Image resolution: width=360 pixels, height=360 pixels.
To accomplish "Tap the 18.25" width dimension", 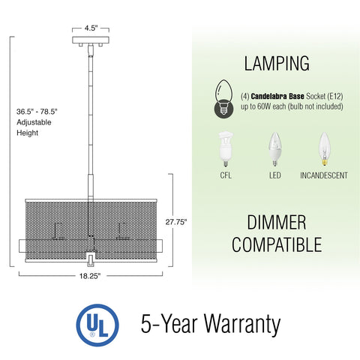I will tap(91, 276).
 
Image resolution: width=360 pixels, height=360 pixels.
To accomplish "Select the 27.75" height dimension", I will tap(175, 222).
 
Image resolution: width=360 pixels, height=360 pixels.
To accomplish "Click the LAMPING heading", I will tap(276, 63).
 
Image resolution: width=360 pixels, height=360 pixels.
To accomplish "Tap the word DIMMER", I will tap(277, 223).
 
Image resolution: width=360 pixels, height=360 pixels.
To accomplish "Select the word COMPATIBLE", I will tap(277, 244).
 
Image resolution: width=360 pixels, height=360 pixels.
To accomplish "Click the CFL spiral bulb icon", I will tap(223, 148).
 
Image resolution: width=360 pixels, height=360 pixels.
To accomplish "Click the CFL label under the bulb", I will tap(223, 176).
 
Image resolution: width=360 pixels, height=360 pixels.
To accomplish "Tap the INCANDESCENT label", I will tap(323, 176).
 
